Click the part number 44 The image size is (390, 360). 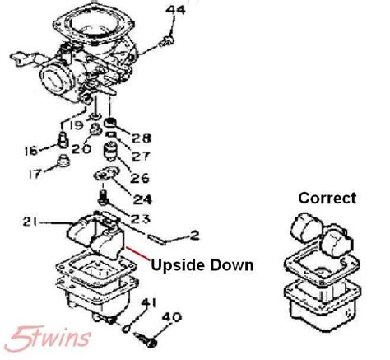[x=176, y=11]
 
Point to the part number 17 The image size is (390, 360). [x=34, y=175]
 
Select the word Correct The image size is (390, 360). [x=327, y=198]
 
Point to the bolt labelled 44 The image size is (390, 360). [x=168, y=39]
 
